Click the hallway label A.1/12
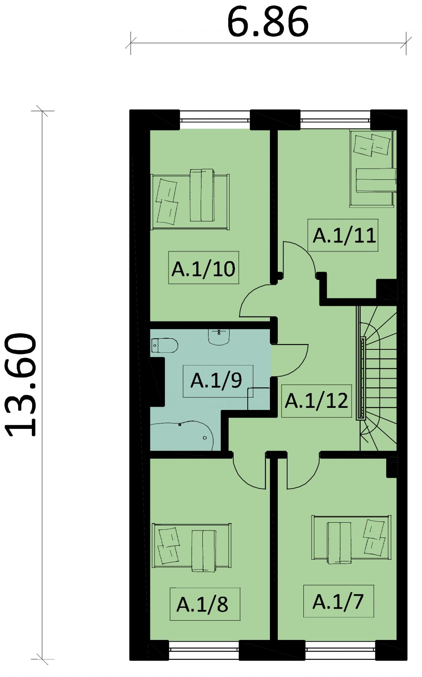coord(316,401)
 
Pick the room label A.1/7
coord(338,602)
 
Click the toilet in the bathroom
coord(164,345)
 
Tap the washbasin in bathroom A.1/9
coord(219,337)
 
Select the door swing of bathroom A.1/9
coord(290,361)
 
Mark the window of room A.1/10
coord(215,120)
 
